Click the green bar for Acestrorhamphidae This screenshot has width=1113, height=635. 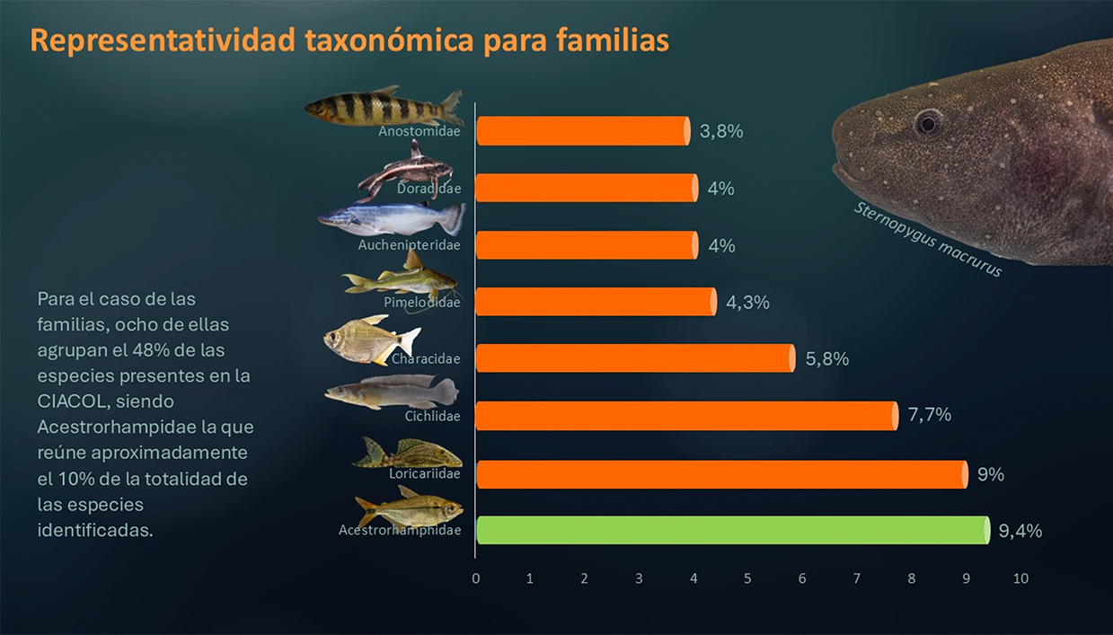click(732, 530)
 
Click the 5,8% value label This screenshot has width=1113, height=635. click(827, 359)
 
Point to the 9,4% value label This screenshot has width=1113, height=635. click(1020, 531)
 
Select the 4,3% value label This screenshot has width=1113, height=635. click(747, 303)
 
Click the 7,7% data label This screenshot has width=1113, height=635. click(929, 415)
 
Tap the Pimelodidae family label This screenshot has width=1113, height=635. click(421, 303)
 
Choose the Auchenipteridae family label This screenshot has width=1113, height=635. click(409, 244)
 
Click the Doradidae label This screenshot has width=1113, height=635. click(428, 189)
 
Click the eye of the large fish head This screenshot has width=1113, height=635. click(928, 121)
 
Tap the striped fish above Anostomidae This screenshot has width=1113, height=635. click(382, 108)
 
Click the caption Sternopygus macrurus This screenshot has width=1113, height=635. click(927, 239)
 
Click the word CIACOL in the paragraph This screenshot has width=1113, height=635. click(68, 400)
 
